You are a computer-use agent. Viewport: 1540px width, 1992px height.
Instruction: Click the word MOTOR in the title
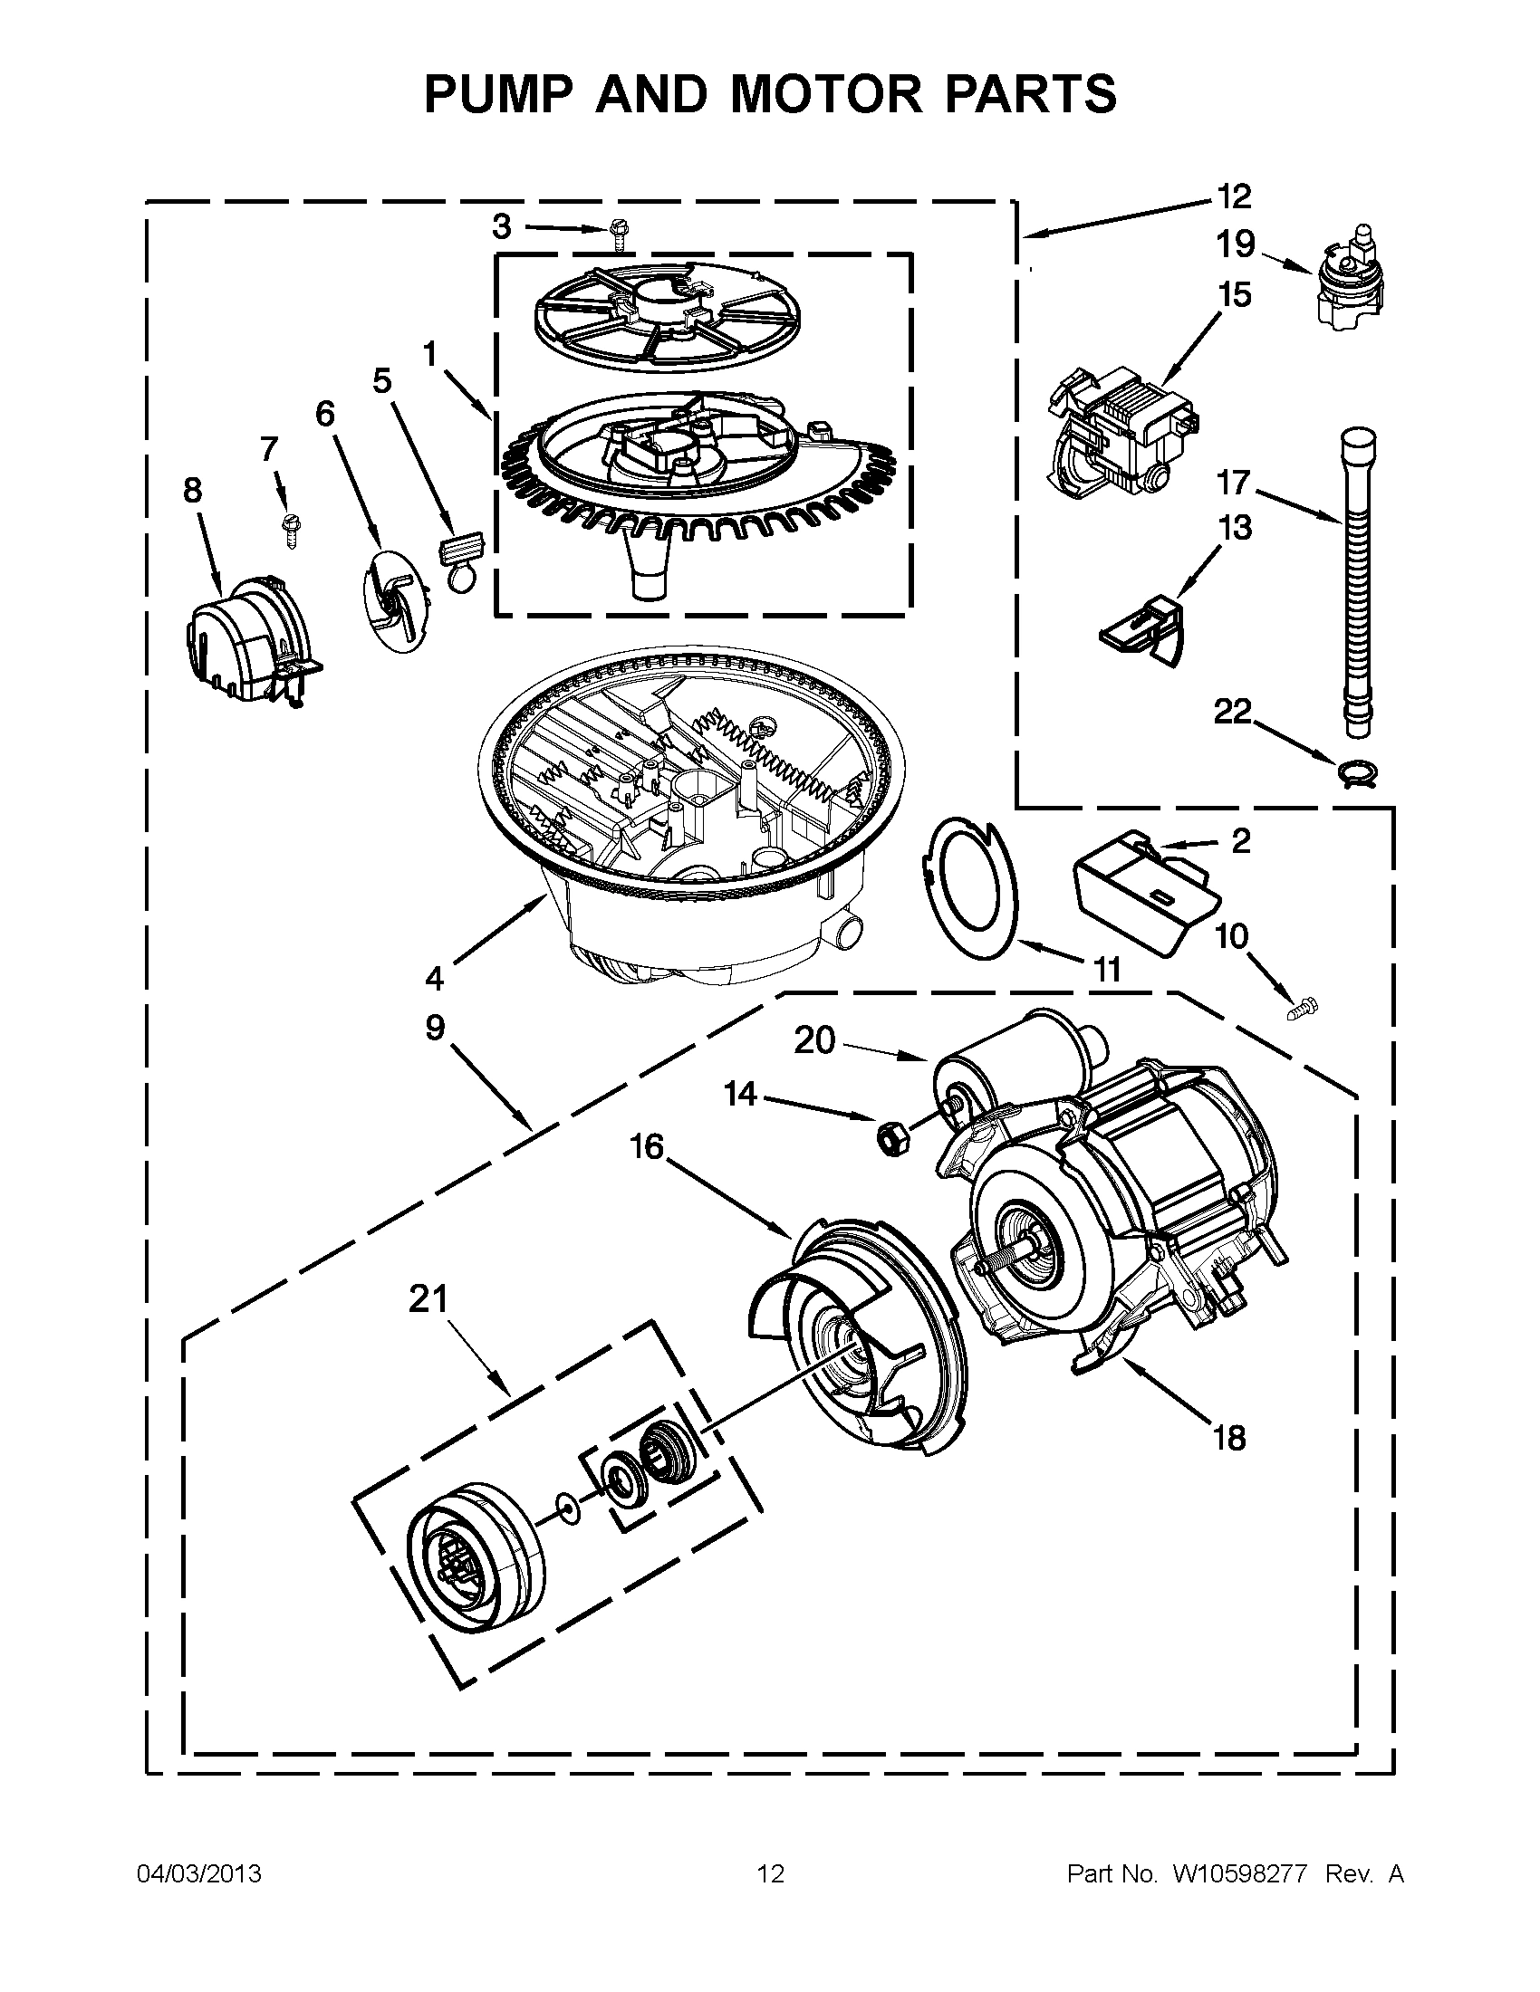coord(824,93)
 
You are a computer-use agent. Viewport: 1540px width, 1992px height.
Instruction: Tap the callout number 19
coord(1236,244)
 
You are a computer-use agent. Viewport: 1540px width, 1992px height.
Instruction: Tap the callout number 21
coord(428,1298)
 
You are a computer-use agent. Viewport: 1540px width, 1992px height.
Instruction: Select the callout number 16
coord(646,1146)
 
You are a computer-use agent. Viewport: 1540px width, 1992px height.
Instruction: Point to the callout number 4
coord(434,979)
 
